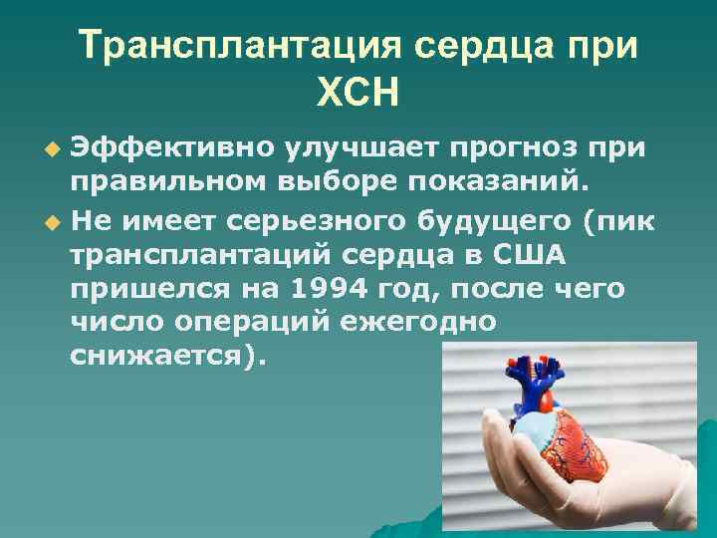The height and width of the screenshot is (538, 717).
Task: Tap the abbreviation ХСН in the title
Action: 357,95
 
